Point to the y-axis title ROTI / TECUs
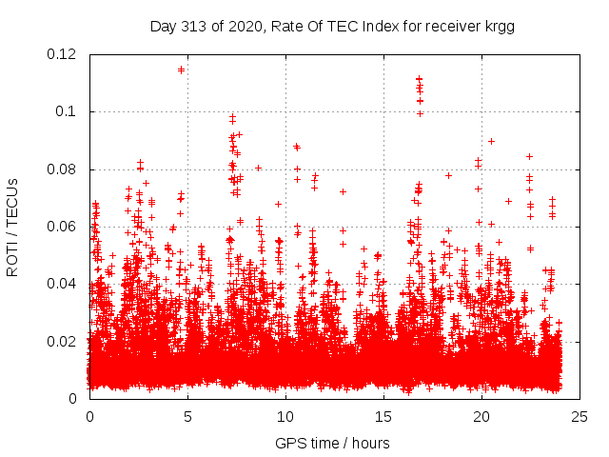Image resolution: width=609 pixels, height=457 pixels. [x=12, y=227]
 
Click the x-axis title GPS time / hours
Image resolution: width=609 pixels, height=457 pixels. [x=332, y=443]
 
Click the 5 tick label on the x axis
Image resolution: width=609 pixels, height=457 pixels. [x=187, y=416]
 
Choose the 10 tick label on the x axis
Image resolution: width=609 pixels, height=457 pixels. [x=285, y=416]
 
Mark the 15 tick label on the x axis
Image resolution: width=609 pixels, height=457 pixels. [x=383, y=416]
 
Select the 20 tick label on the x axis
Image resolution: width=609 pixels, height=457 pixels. [x=481, y=416]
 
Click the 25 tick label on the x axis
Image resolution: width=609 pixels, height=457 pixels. [x=580, y=416]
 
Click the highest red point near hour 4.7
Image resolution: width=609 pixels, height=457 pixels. [x=181, y=70]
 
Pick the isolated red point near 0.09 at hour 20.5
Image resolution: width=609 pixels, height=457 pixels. [x=491, y=141]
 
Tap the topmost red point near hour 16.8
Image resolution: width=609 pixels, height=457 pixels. [x=419, y=79]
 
